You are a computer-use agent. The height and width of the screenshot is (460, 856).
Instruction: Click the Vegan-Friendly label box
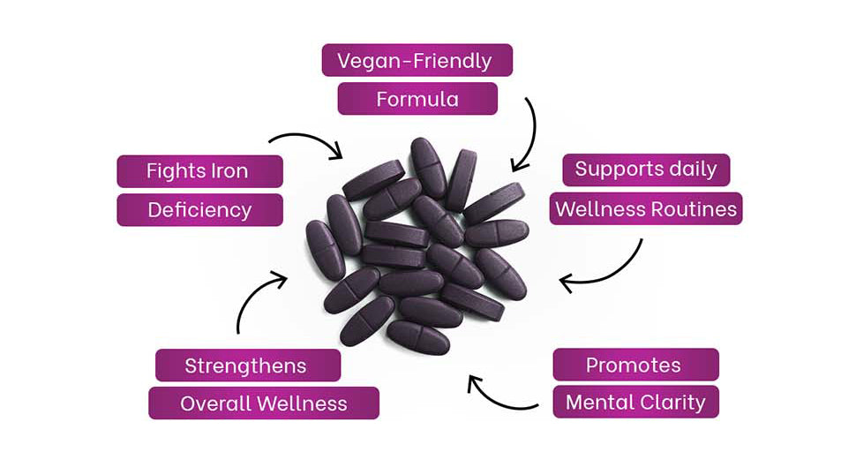[417, 61]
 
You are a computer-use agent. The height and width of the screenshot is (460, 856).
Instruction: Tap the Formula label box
[417, 99]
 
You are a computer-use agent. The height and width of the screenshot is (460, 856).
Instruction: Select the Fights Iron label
[199, 171]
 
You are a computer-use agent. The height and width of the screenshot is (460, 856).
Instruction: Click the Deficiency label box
[199, 210]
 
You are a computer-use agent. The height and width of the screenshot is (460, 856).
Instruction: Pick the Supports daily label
[646, 170]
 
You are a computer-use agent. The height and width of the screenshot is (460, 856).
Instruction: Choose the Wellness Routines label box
[645, 209]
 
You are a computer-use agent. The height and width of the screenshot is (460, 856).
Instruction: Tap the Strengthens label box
[247, 366]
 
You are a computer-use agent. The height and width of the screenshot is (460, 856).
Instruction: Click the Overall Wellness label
[263, 403]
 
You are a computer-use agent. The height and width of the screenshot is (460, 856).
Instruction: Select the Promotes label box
[634, 365]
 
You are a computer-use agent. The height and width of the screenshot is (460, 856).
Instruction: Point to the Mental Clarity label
[635, 403]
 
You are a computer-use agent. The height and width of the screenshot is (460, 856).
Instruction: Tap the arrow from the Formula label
[528, 137]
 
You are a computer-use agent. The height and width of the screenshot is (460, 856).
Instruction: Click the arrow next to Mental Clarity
[499, 396]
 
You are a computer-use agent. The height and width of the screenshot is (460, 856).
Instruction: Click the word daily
[692, 170]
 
